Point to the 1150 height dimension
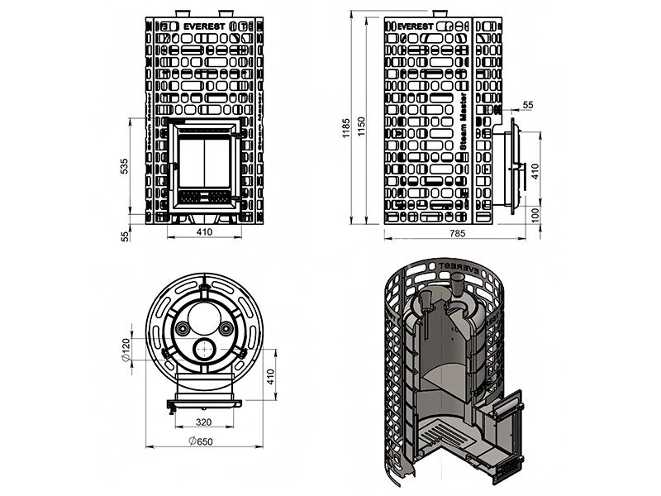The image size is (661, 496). click(x=362, y=122)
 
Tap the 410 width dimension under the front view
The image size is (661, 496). click(x=204, y=232)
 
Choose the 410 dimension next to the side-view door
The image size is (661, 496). click(x=536, y=170)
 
